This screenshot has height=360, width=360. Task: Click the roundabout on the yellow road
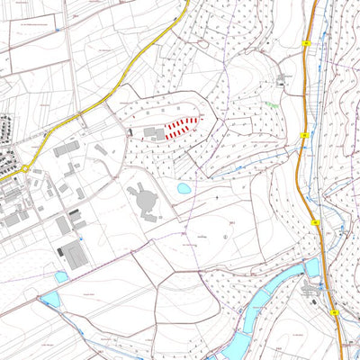pyautogui.click(x=26, y=168)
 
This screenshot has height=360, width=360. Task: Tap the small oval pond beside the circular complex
pyautogui.click(x=184, y=189)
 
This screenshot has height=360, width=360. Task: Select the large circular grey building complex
pyautogui.click(x=145, y=200)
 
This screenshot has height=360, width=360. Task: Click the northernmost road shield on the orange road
pyautogui.click(x=307, y=43)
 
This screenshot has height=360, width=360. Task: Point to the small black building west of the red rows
pyautogui.click(x=131, y=133)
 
